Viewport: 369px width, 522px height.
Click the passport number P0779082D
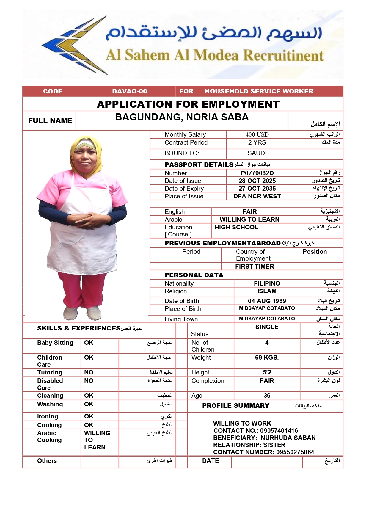pos(257,173)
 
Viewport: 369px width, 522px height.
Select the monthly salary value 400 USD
pos(257,134)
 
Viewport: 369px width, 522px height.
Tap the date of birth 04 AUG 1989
pos(267,301)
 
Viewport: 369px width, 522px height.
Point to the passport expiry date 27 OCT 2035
pos(257,189)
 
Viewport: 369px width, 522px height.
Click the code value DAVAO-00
pos(130,91)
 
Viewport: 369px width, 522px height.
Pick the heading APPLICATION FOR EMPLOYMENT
pos(188,104)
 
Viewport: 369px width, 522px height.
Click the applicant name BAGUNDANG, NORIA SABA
pos(182,117)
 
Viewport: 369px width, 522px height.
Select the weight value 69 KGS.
pos(267,358)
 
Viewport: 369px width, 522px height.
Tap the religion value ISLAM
pos(267,291)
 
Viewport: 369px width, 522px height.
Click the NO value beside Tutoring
pos(89,372)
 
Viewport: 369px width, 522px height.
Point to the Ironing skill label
pos(48,416)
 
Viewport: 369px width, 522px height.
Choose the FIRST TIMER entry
pos(255,267)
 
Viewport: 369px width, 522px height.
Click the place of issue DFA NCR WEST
pos(257,196)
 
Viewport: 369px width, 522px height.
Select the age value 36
pos(267,396)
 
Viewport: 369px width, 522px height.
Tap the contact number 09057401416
pos(279,431)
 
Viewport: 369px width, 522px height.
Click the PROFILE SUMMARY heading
pos(235,406)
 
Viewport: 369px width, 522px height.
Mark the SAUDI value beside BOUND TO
pos(257,153)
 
